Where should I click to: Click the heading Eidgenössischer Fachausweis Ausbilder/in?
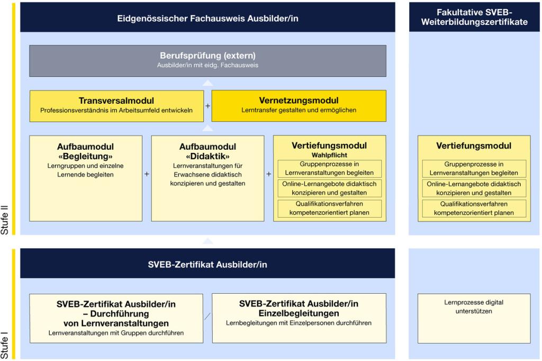point(207,18)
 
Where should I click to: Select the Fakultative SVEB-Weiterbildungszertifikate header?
point(474,17)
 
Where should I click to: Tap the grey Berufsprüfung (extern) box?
point(207,60)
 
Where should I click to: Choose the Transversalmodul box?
point(116,105)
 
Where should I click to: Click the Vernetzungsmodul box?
point(299,105)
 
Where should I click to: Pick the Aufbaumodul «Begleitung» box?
point(86,178)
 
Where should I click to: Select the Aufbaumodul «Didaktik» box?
point(207,178)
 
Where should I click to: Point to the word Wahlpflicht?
point(329,155)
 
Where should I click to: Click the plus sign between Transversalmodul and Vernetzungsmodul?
point(207,106)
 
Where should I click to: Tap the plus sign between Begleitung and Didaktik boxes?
point(147,174)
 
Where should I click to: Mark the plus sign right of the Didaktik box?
point(268,174)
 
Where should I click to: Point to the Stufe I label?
point(6,344)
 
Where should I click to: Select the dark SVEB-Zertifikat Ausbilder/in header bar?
point(207,263)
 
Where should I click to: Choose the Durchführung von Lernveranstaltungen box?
point(116,318)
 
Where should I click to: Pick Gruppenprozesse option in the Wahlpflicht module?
point(329,168)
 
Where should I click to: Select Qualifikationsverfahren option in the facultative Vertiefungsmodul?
point(474,208)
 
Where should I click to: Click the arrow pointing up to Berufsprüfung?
point(208,83)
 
